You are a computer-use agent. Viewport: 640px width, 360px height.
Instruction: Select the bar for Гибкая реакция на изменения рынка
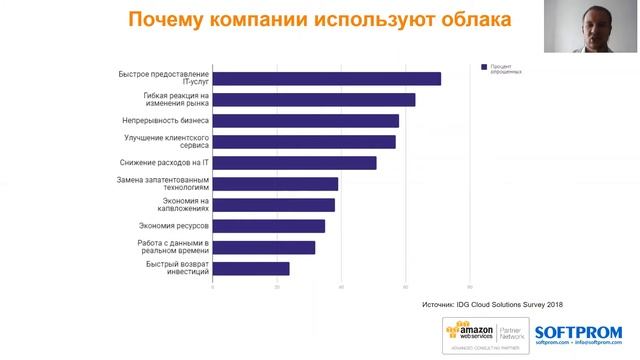point(314,99)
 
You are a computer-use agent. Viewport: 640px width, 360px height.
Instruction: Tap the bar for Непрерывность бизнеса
point(306,120)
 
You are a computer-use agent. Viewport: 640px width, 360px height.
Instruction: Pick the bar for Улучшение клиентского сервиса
point(304,141)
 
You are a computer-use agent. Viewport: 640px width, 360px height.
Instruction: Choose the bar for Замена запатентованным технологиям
point(276,184)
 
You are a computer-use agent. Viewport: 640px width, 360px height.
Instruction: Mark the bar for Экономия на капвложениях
point(274,205)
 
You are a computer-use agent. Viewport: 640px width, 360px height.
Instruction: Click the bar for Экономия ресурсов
point(269,226)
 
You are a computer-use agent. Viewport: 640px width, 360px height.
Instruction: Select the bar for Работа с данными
point(264,247)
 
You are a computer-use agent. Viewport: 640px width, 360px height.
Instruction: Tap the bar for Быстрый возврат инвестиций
point(251,268)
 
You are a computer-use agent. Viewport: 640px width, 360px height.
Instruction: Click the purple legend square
point(483,67)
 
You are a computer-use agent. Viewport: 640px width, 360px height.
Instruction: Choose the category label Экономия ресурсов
point(173,226)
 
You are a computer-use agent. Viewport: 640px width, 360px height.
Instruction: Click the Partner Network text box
point(509,331)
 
